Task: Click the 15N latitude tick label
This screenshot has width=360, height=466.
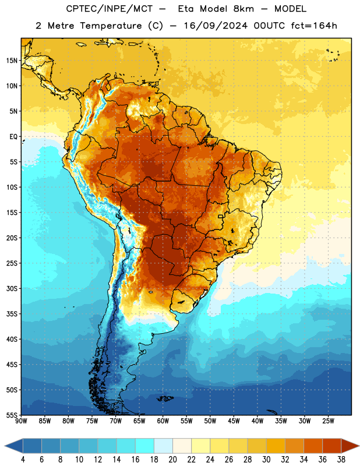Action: pos(12,61)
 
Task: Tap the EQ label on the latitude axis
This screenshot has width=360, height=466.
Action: pos(13,137)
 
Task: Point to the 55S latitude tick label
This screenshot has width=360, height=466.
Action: pos(12,415)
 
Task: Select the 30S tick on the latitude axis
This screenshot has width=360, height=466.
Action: pos(12,288)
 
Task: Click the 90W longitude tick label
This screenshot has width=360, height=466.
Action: pos(21,421)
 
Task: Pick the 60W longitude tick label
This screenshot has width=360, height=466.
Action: pos(163,421)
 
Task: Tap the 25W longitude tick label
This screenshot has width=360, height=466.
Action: pos(328,421)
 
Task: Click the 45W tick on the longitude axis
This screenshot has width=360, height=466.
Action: pos(234,421)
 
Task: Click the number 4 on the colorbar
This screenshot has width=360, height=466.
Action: pos(23,460)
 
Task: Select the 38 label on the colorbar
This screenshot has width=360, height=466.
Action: pos(341,460)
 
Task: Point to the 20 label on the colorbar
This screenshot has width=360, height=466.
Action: pos(172,460)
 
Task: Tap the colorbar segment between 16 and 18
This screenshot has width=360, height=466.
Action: pos(145,446)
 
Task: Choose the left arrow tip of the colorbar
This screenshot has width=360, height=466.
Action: pos(5,446)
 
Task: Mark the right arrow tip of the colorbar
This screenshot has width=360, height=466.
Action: pos(359,446)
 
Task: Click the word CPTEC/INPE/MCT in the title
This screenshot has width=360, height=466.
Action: pos(109,9)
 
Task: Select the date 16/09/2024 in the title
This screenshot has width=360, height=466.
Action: pos(216,26)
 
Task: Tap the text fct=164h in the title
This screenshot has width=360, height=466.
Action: pos(314,26)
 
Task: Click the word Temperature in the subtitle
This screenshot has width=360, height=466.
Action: pos(111,26)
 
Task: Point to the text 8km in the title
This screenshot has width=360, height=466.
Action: pos(243,9)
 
